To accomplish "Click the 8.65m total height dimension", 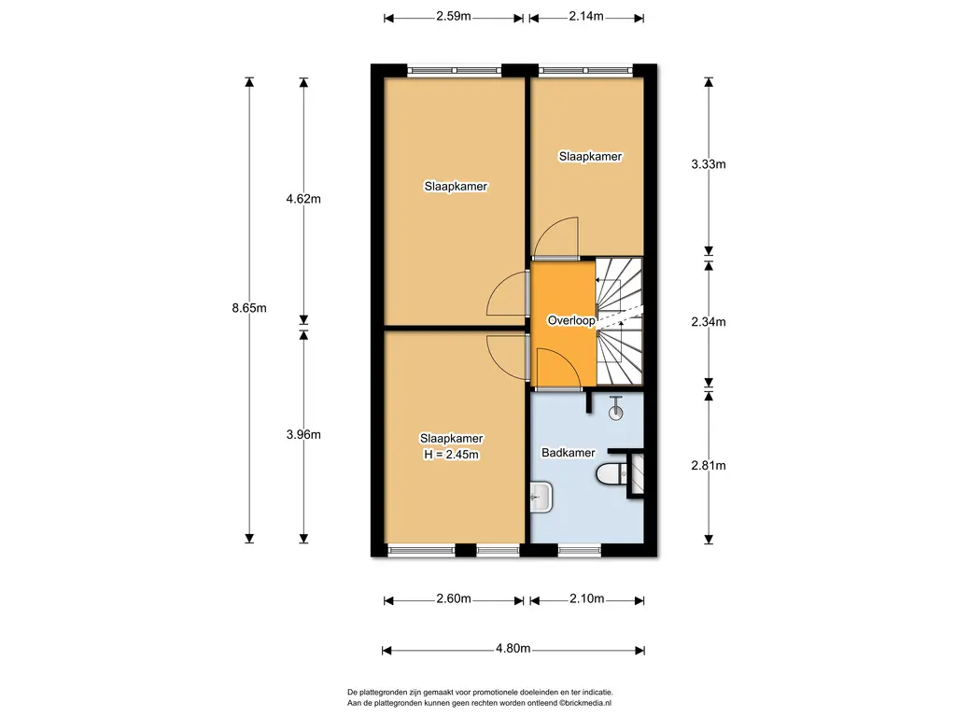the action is [248, 308].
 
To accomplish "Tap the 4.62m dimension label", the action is [303, 199].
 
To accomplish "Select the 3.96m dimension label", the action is [303, 435].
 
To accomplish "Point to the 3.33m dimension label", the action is [709, 164].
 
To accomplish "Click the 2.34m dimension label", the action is [709, 322].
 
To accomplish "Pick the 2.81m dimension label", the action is [709, 466].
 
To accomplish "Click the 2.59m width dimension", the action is [454, 17].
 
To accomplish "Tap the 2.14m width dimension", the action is [586, 17].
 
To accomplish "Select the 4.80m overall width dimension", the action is [513, 648].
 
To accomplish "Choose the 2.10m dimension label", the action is [587, 598].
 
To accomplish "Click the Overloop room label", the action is [571, 320].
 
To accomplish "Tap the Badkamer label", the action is [569, 453].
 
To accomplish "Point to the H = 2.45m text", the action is [451, 455].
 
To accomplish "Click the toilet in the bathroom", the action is [611, 473].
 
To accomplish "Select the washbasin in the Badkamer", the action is [541, 497].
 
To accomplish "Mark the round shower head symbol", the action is [616, 413].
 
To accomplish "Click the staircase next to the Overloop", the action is [620, 321].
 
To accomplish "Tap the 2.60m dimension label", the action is [454, 598].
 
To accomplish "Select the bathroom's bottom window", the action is [580, 551].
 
